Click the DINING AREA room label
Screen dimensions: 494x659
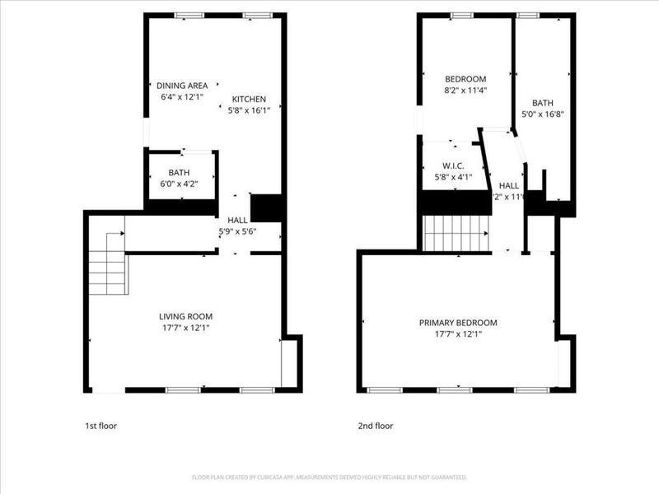(182, 85)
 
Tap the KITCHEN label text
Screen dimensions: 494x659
(248, 99)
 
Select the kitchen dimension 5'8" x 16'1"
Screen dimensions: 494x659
(254, 110)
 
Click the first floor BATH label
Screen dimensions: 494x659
(179, 172)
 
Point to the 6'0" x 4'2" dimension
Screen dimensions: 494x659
(179, 183)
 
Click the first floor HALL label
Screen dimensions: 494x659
(237, 221)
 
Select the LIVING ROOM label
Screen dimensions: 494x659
(185, 316)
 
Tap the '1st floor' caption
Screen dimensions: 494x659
(101, 426)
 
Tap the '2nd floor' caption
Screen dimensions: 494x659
(375, 426)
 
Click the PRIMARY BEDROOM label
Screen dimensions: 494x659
(458, 323)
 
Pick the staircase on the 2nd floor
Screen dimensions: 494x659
(456, 233)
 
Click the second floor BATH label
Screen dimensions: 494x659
(543, 103)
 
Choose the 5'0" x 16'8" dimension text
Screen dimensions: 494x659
(543, 114)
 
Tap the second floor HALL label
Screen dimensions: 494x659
(508, 186)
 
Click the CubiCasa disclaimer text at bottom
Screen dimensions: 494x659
(329, 477)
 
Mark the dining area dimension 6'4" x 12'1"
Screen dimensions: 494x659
(182, 96)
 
